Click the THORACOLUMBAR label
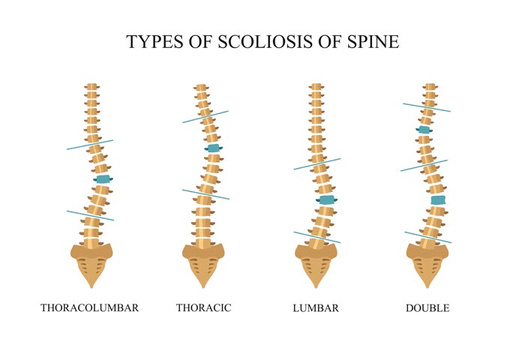point(90,308)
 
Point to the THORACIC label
point(203,308)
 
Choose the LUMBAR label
point(316,308)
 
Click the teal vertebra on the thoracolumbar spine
point(103,179)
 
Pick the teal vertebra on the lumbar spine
point(326,200)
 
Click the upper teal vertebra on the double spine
point(424,130)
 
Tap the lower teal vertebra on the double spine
point(438,200)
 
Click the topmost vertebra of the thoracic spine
point(201,88)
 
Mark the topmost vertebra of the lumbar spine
point(316,88)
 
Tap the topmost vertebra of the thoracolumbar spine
point(91,88)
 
